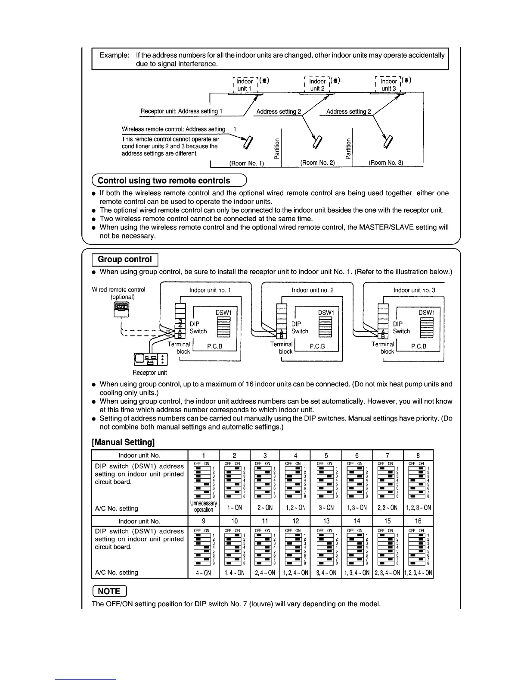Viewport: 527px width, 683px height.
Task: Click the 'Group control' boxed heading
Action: [125, 260]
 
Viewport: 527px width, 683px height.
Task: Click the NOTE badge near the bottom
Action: [109, 591]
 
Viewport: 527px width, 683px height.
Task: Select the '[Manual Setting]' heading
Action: [123, 442]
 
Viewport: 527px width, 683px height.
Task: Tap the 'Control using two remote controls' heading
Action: [164, 181]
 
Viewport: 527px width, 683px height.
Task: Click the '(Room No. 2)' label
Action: [317, 163]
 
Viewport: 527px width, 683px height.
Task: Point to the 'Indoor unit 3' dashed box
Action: [389, 85]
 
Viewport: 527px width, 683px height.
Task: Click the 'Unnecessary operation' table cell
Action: [204, 507]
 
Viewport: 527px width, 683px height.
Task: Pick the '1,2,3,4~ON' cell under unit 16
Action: [418, 573]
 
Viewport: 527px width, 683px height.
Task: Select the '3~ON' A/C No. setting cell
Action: [326, 508]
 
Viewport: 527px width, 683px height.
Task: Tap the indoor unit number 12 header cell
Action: [295, 521]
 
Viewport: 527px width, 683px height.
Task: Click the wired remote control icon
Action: [121, 308]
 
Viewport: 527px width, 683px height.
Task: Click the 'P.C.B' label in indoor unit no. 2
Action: [317, 346]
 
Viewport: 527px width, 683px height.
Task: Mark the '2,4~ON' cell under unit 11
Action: [265, 573]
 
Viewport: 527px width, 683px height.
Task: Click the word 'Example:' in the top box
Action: [114, 55]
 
